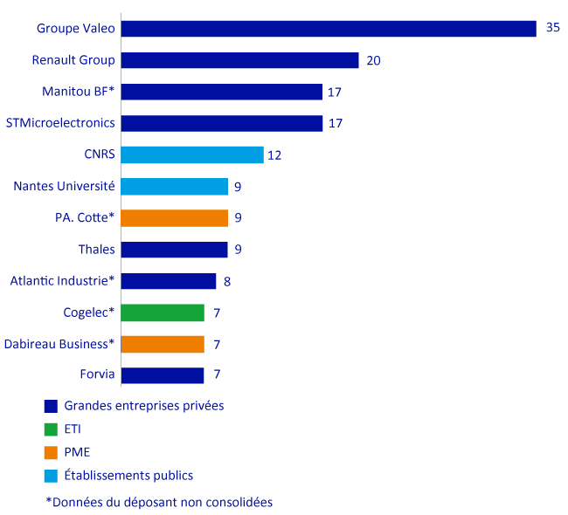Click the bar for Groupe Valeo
click(328, 29)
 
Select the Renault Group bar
click(239, 60)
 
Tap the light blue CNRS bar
click(191, 154)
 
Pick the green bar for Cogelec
click(163, 312)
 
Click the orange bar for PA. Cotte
click(174, 217)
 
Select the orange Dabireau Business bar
click(163, 344)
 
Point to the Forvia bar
click(163, 375)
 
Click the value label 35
click(552, 28)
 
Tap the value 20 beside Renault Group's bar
click(374, 60)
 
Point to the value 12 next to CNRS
click(274, 155)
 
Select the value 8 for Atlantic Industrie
click(228, 281)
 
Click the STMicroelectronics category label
click(60, 123)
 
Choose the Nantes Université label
click(65, 186)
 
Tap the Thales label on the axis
click(96, 250)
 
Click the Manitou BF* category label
click(79, 92)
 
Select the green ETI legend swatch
click(51, 429)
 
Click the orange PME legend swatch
click(51, 452)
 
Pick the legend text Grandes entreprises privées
click(143, 405)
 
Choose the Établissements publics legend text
click(128, 476)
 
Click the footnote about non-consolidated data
click(159, 503)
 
